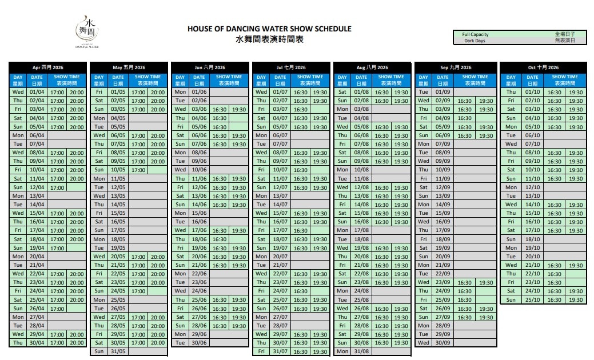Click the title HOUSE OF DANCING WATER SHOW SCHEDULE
coord(269,29)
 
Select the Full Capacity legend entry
coord(476,35)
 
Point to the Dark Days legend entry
coord(475,41)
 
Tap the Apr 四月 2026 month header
coord(48,67)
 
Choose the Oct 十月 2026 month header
coord(543,67)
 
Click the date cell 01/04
coord(37,92)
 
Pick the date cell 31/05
coord(118,351)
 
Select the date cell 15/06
coord(200,213)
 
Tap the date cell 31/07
coord(281,351)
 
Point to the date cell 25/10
coord(533,299)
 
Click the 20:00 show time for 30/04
coord(77,343)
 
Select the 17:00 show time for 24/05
coord(138,291)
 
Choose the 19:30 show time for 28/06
coord(239,326)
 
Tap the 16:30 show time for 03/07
coord(301,109)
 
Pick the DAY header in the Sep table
coord(424,80)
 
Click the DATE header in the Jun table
coord(200,80)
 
